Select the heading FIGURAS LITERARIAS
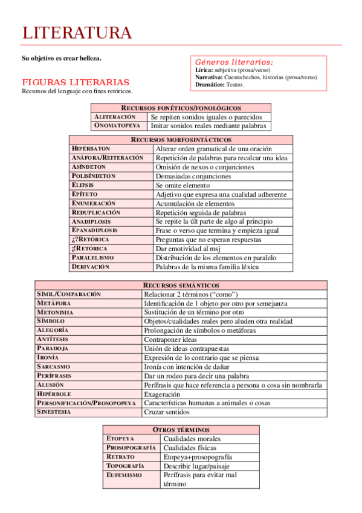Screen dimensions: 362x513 76,82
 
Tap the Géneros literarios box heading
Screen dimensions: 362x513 233,62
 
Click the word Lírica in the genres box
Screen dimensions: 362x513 204,70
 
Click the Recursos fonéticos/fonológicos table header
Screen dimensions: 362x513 181,108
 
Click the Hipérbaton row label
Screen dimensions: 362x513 91,148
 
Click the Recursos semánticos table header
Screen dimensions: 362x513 181,285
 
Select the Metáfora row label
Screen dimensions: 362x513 54,303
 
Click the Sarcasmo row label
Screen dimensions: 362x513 53,367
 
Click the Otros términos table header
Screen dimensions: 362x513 181,430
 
